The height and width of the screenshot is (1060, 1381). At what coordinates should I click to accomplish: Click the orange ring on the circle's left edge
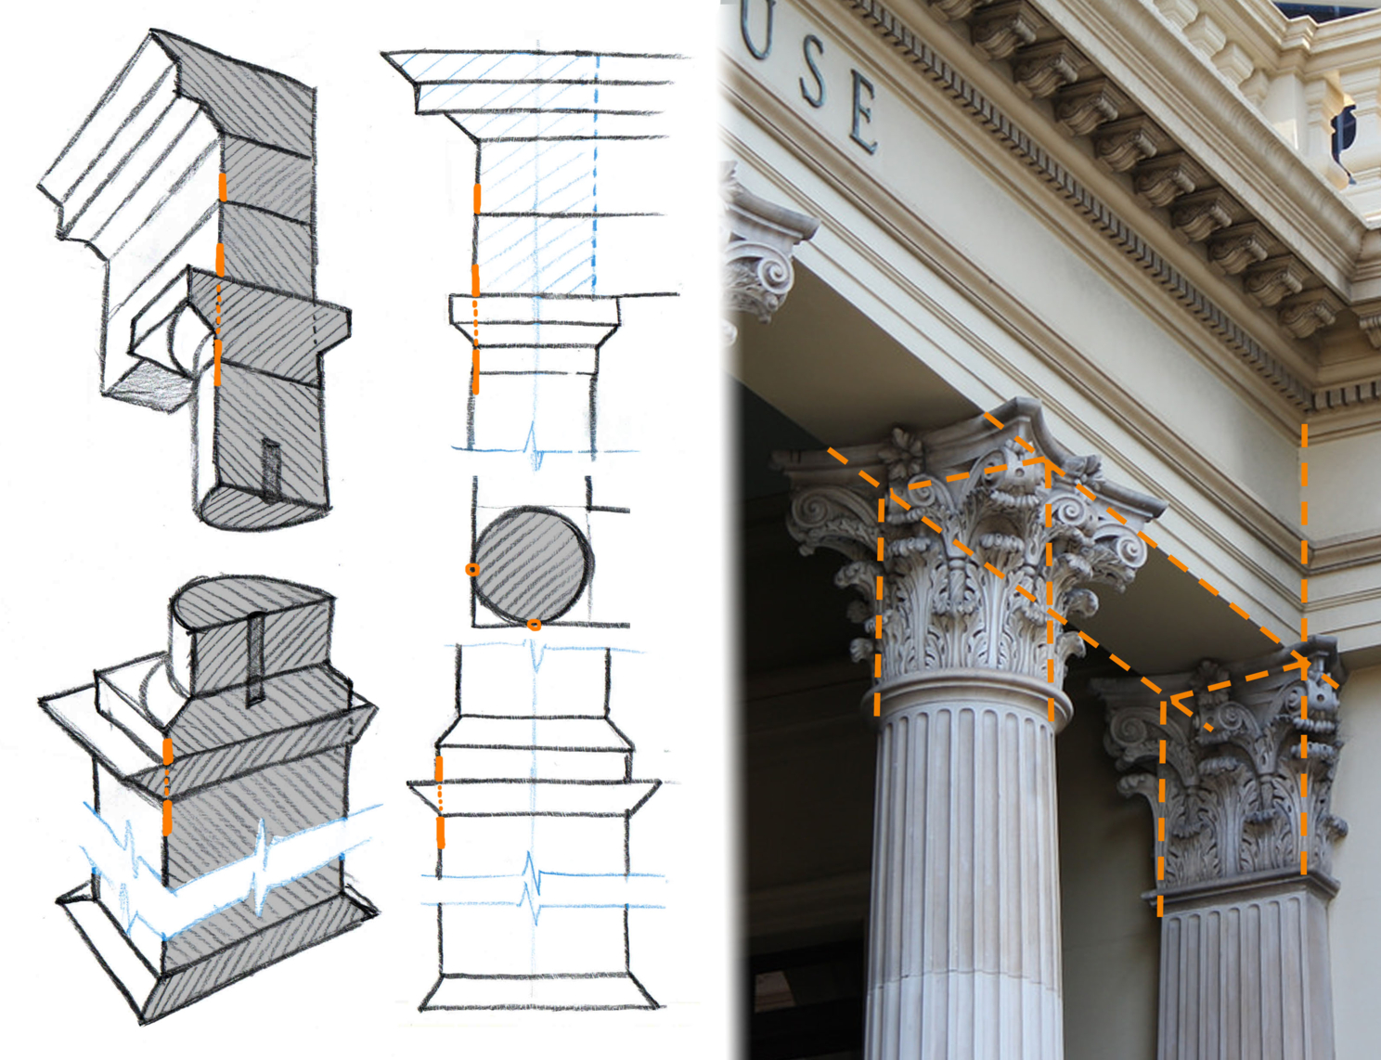coord(472,569)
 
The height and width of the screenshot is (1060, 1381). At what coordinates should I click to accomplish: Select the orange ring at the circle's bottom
coord(535,625)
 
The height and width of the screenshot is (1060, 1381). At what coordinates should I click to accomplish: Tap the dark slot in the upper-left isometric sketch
coord(271,470)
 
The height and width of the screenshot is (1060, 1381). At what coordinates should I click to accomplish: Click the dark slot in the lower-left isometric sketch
coord(255,658)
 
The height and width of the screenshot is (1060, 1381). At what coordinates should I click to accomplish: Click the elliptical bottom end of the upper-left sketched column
coord(264,511)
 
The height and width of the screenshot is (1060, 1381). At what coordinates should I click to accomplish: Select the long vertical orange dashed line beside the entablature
coord(1304,540)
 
